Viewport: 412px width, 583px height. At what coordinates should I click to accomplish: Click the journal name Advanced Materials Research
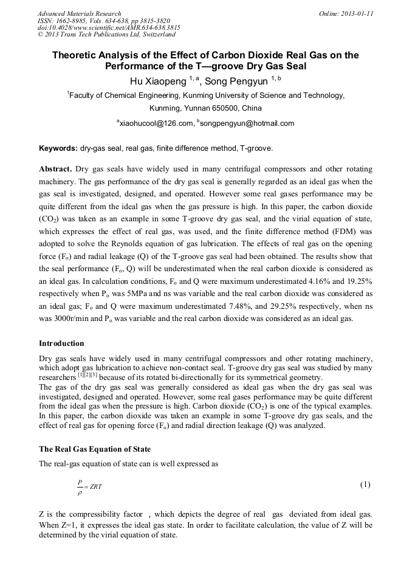[79, 13]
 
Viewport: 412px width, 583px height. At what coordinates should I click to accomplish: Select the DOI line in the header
[109, 28]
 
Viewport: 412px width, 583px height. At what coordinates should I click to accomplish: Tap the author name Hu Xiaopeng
[156, 80]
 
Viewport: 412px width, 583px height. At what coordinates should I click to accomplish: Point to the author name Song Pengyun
[236, 80]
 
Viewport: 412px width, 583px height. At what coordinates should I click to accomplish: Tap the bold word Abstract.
[55, 168]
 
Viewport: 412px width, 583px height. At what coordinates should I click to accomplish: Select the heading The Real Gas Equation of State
[94, 449]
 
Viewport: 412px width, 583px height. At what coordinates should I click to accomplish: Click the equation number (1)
[365, 485]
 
